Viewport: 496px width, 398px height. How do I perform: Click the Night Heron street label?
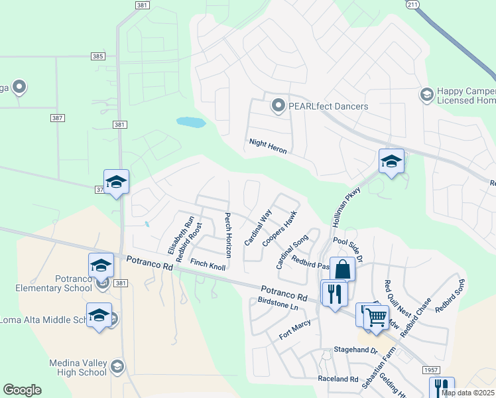coord(268,146)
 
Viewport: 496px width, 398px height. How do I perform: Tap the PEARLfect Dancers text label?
coord(328,106)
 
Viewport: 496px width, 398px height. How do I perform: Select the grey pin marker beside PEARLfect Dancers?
coord(279,105)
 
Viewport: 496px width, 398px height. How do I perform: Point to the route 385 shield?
coord(98,56)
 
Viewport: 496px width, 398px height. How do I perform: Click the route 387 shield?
coord(57,117)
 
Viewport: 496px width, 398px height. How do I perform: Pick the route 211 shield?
coord(412,5)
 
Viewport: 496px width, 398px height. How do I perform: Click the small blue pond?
coord(190,122)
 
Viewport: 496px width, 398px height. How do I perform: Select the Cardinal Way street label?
coord(258,228)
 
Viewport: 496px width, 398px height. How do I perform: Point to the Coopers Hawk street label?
coord(279,230)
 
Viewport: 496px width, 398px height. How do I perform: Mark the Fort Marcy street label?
coord(295,330)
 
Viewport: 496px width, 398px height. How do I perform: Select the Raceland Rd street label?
coord(338,379)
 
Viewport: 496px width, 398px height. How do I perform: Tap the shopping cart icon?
coord(375,317)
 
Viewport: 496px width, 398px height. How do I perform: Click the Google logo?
coord(22,390)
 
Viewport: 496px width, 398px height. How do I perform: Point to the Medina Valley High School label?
coord(78,367)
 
